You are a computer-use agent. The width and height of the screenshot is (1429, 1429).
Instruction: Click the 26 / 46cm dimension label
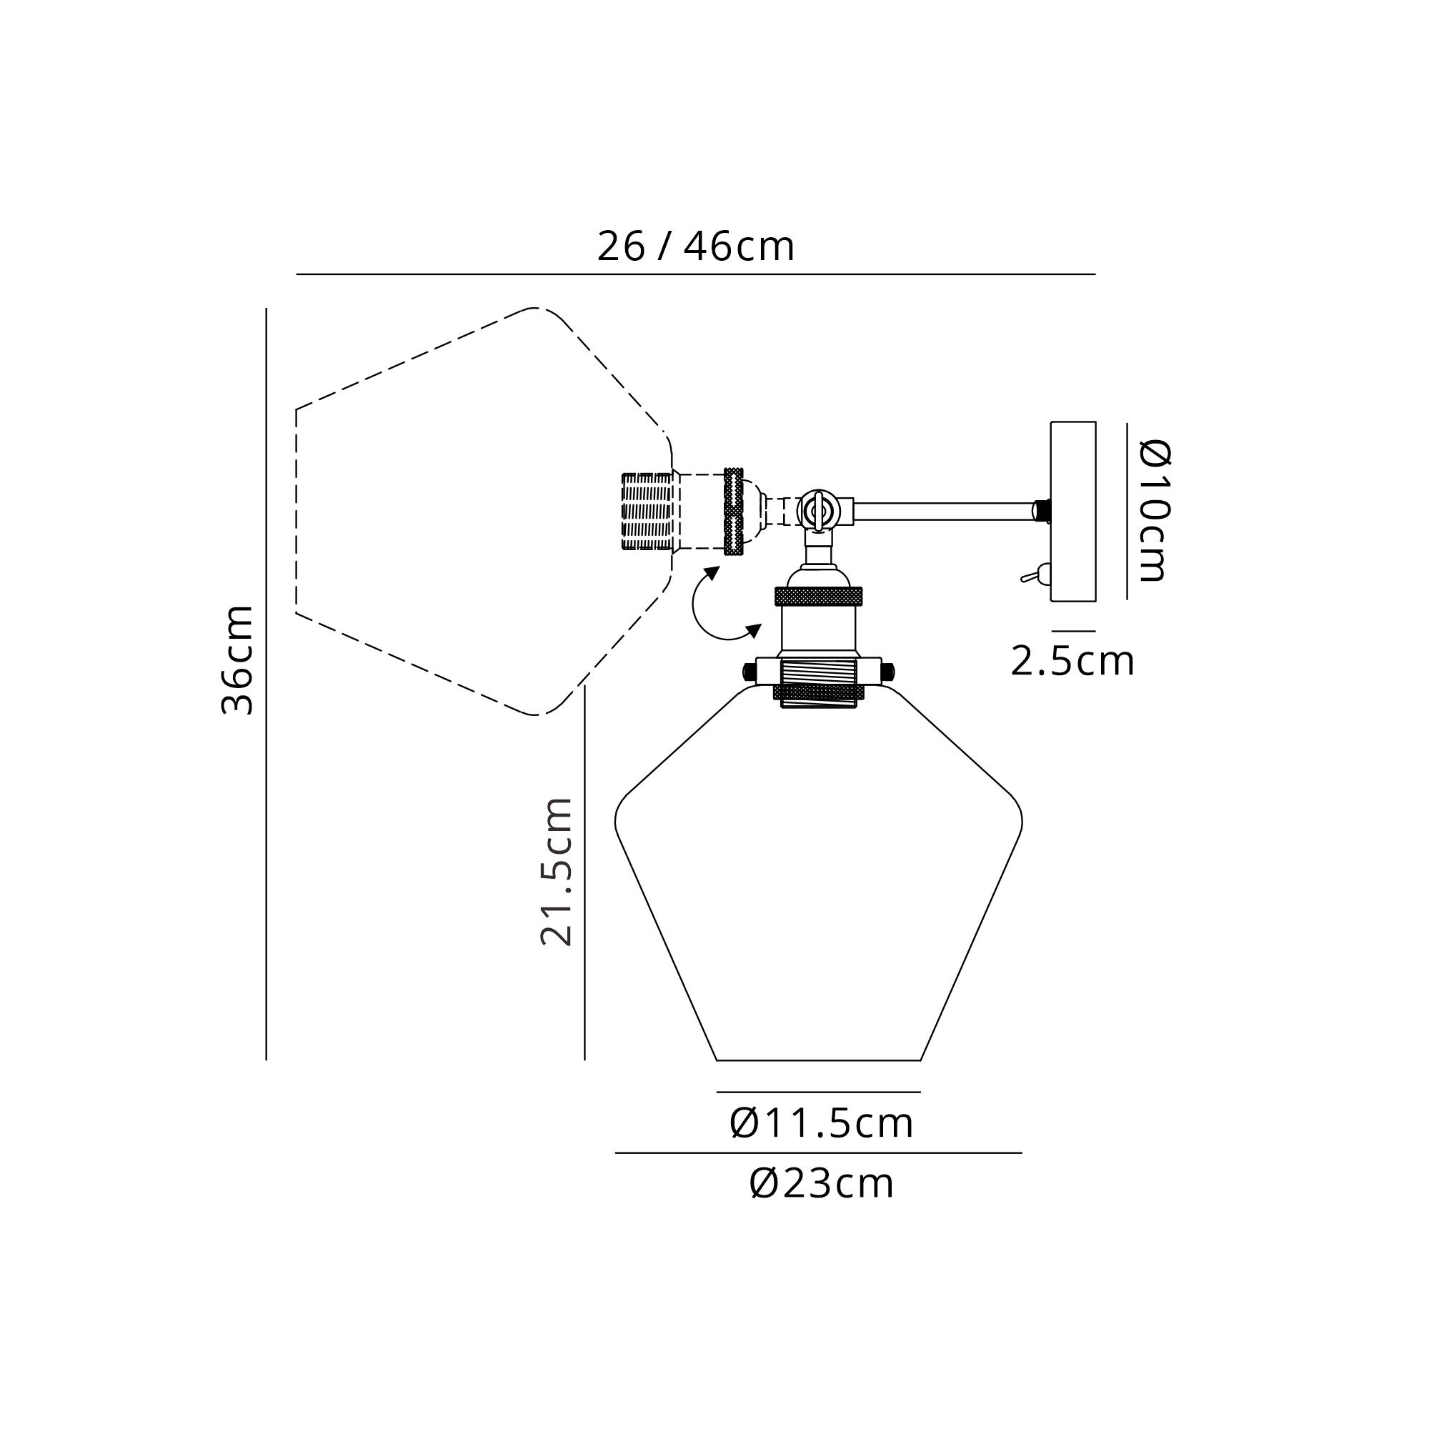695,247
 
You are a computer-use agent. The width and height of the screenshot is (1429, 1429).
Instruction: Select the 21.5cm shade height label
556,871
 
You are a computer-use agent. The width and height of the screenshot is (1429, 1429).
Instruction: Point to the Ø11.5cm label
821,1123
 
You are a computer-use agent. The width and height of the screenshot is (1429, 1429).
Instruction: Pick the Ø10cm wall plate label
1153,510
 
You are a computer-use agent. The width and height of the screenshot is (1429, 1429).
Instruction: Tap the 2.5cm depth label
1072,661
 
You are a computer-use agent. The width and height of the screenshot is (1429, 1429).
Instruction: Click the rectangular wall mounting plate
1073,511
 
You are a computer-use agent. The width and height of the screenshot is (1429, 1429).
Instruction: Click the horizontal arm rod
944,511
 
